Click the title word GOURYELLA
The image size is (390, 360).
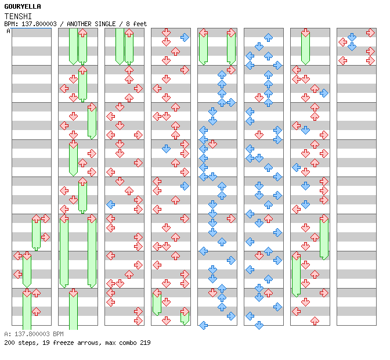(23, 6)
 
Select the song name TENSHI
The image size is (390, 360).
(18, 16)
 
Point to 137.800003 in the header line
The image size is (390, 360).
(39, 24)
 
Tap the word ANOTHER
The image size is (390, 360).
(78, 24)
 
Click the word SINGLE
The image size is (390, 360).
(105, 24)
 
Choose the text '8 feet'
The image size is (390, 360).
(136, 24)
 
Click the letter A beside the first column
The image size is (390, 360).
(9, 31)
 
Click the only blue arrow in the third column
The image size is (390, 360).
(111, 204)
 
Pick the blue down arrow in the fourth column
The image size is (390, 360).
(166, 149)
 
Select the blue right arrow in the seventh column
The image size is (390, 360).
(324, 93)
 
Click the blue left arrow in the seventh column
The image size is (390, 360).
(296, 167)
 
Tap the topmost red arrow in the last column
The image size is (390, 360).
(370, 33)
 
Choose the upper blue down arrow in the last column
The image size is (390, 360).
(352, 37)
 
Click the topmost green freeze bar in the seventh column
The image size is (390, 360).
(305, 49)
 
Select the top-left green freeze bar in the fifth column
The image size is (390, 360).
(203, 49)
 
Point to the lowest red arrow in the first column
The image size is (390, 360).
(36, 311)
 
